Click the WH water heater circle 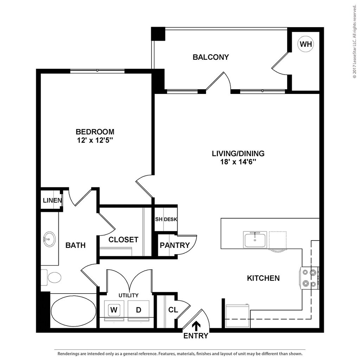[x=306, y=44]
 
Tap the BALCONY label [x=211, y=57]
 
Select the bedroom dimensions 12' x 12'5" [x=95, y=140]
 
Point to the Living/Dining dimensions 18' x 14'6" [x=238, y=162]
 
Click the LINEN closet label [x=52, y=201]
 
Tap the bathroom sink [x=49, y=239]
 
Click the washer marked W [x=113, y=310]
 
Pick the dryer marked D [x=139, y=310]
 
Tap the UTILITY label [x=128, y=295]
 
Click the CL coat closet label [x=173, y=310]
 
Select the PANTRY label [x=175, y=245]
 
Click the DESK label [x=170, y=219]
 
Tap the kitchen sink [x=255, y=240]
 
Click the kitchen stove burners [x=309, y=277]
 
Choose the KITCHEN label [x=263, y=278]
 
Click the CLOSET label [x=123, y=240]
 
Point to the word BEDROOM [x=95, y=132]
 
